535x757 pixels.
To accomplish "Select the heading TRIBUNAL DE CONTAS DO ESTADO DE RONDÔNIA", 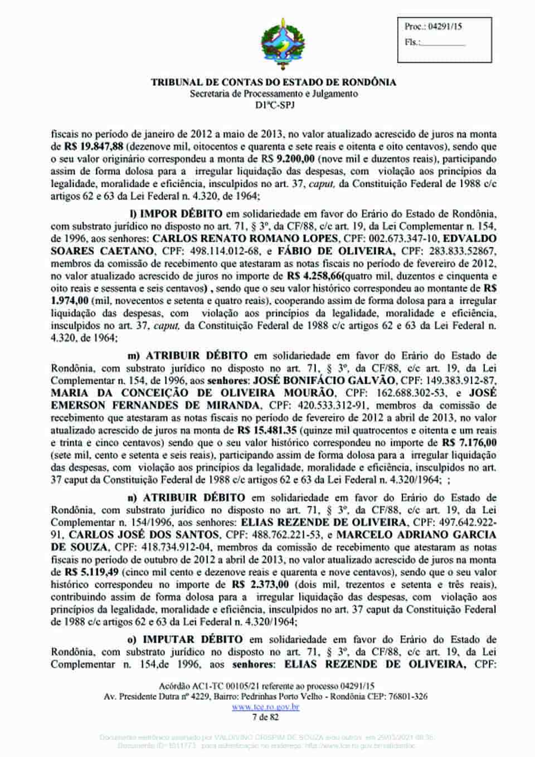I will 274,82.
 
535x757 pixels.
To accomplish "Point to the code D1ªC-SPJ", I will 274,104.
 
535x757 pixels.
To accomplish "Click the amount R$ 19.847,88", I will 90,147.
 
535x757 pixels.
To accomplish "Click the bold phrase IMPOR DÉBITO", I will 181,214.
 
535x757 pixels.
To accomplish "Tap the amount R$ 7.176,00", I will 469,443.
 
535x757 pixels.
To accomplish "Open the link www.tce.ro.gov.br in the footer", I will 265,707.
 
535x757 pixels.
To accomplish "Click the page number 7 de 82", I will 265,717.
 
